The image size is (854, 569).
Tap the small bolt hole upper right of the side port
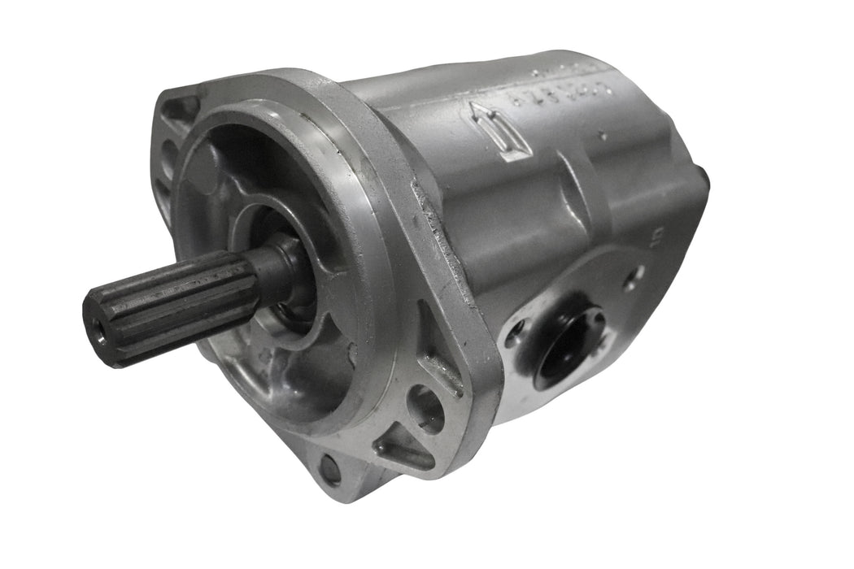point(634,277)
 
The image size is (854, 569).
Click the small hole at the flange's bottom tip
point(329,470)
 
